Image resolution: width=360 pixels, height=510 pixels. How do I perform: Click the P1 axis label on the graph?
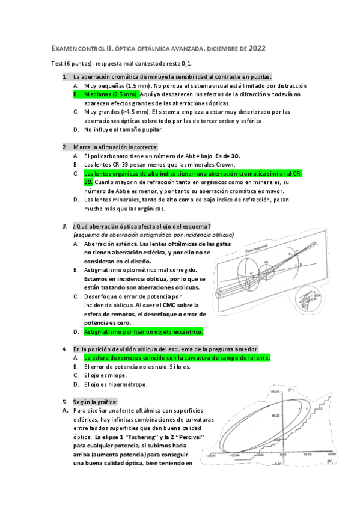pyautogui.click(x=290, y=391)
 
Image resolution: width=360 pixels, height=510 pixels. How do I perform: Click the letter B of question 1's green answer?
pyautogui.click(x=76, y=94)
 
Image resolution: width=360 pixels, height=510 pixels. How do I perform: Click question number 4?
pyautogui.click(x=65, y=349)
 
